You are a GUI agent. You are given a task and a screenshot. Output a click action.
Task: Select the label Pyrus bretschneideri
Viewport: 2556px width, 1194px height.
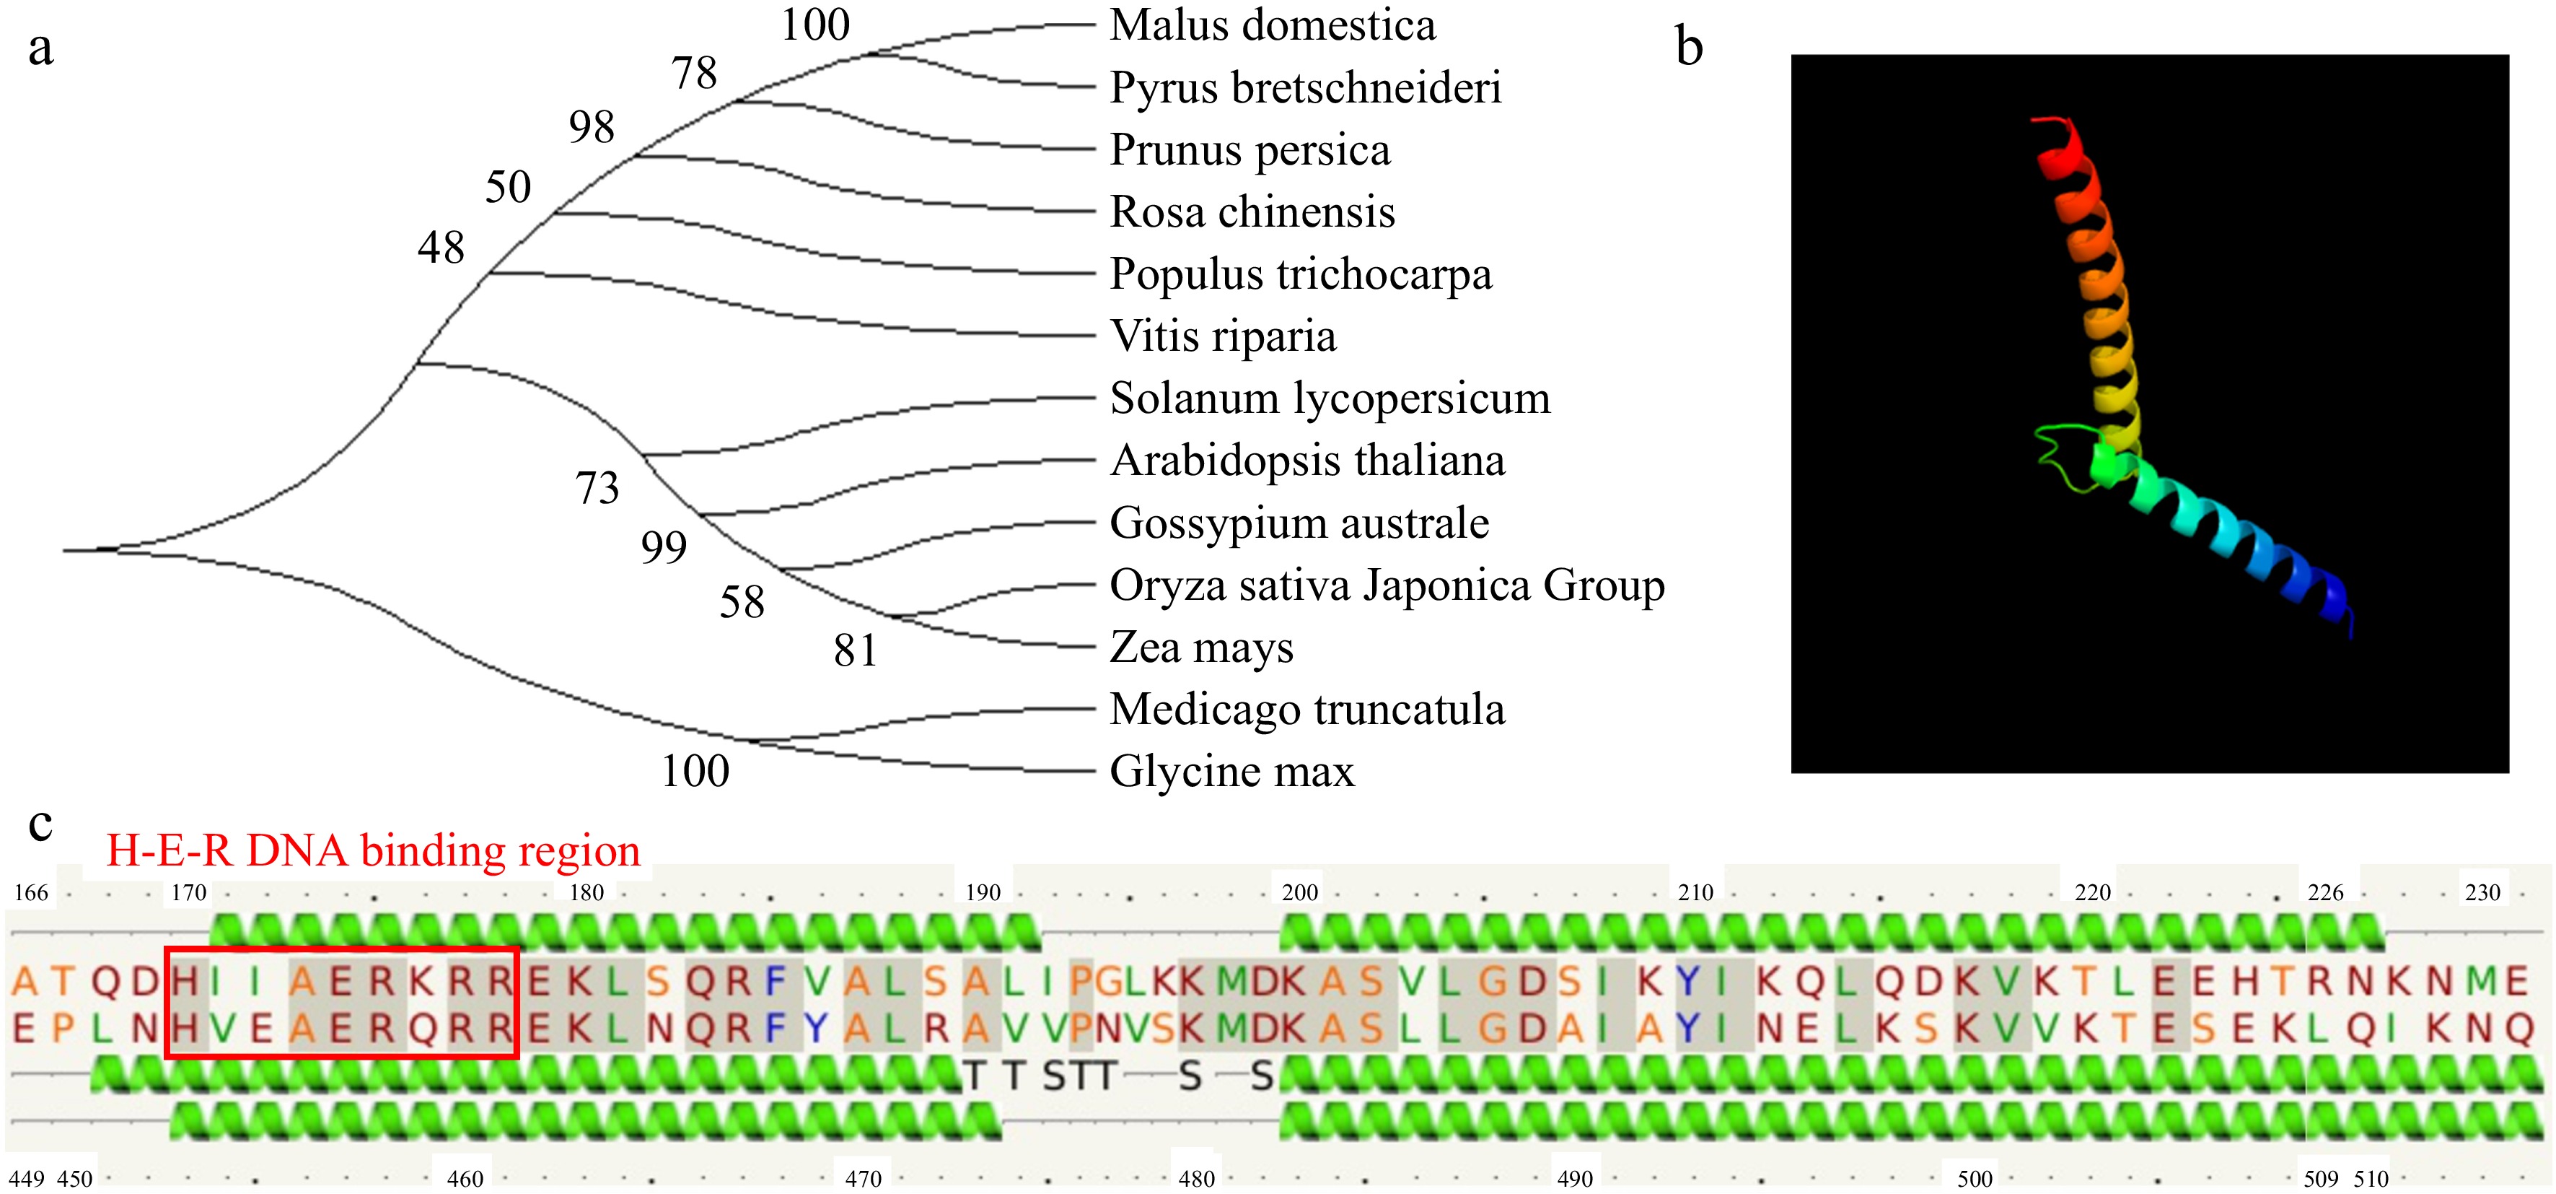coord(1305,87)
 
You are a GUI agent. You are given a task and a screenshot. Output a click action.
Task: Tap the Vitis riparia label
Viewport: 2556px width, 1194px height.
coord(1222,336)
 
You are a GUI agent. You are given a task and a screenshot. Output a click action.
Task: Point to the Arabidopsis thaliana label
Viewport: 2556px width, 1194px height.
coord(1306,461)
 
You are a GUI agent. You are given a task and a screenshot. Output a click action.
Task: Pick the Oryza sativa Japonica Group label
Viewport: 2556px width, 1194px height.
coord(1386,585)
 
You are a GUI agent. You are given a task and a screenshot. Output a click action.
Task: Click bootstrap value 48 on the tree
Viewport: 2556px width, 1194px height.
coord(441,247)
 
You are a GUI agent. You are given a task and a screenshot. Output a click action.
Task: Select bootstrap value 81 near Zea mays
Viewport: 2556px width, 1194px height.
coord(856,651)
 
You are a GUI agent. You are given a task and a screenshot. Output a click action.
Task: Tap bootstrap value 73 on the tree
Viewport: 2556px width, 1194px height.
coord(597,488)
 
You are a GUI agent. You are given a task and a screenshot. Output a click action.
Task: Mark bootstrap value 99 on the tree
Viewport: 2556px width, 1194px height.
coord(664,548)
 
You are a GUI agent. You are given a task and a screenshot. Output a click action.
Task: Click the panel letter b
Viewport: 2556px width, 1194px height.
coord(1689,47)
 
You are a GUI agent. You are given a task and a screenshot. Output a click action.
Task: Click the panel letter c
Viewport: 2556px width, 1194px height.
coord(40,824)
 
